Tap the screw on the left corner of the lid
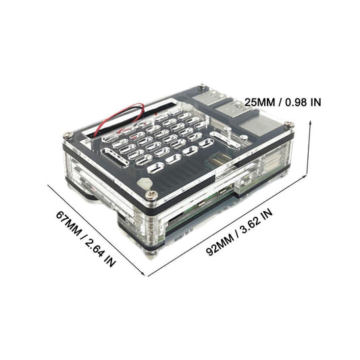tap(68, 134)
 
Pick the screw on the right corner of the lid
tap(288, 124)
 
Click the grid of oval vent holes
tap(162, 138)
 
